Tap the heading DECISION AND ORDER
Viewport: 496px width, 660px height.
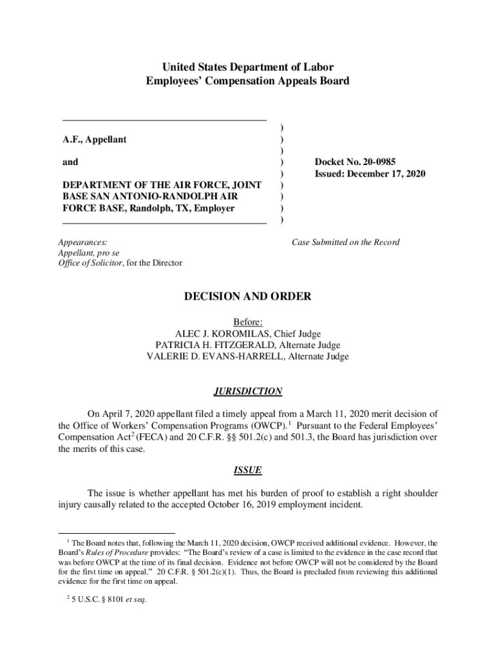tap(248, 296)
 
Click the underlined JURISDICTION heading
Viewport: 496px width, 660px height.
tap(248, 391)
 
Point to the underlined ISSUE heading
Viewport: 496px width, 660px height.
tap(248, 471)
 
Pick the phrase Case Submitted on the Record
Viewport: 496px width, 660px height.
tap(345, 242)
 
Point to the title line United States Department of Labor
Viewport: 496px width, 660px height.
tap(248, 67)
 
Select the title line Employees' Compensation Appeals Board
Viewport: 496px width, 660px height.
tap(248, 81)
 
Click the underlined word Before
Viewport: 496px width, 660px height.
tap(247, 322)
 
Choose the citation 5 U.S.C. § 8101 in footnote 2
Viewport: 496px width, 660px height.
tap(98, 599)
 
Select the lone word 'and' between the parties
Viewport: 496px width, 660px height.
tap(70, 162)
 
